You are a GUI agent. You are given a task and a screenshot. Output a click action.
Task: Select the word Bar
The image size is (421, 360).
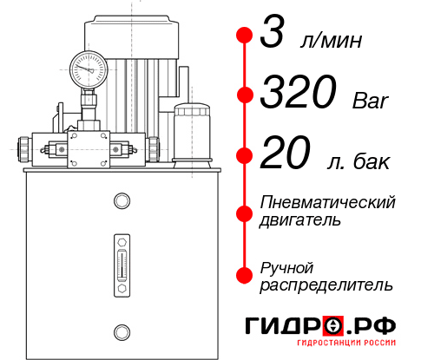(x=372, y=101)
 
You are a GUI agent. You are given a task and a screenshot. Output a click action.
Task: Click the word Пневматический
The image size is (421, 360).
(x=328, y=202)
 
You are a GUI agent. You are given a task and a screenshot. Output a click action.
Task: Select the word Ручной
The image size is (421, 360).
(x=286, y=265)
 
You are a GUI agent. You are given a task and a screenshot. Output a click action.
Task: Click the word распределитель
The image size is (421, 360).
(x=326, y=284)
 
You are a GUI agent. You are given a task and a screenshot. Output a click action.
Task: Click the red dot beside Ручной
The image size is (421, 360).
(x=244, y=273)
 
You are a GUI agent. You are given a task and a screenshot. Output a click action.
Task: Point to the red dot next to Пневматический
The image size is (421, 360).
(x=244, y=211)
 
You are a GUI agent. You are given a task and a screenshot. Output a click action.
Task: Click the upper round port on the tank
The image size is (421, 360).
(x=121, y=201)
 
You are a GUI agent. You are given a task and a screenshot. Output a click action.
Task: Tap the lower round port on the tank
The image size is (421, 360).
(x=121, y=331)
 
